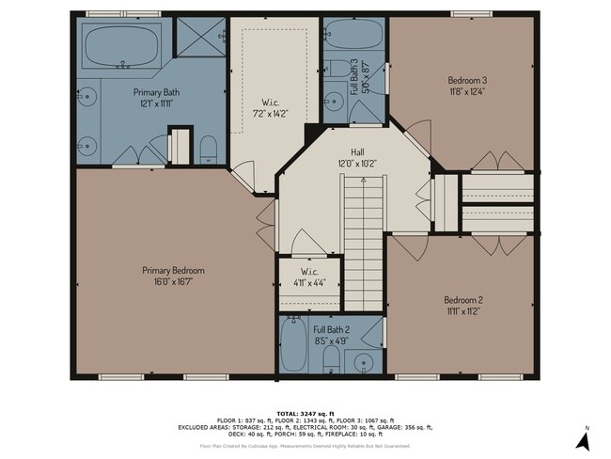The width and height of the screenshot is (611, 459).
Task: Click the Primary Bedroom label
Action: click(x=166, y=270)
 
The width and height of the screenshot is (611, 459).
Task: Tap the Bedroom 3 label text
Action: click(x=465, y=81)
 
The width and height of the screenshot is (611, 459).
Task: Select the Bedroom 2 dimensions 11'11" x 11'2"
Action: click(x=462, y=311)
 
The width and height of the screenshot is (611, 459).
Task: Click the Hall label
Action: click(x=357, y=151)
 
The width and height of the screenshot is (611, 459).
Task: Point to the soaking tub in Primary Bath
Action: click(x=122, y=47)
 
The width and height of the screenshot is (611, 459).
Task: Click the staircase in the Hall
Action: click(x=362, y=245)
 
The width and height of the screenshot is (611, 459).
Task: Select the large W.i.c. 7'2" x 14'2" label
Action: click(x=268, y=107)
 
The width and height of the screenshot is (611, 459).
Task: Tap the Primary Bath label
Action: click(x=156, y=98)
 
